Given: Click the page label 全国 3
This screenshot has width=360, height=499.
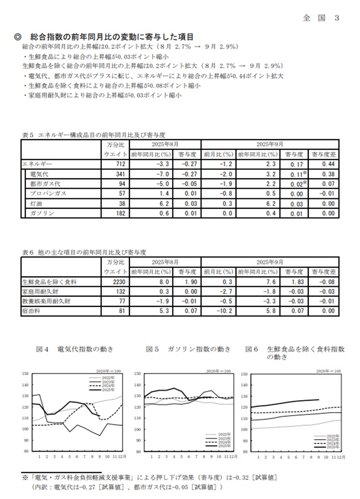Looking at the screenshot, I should pos(321,18).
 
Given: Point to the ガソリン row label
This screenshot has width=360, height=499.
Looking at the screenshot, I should pos(42,213).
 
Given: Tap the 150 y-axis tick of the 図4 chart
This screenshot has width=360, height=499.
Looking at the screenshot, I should pos(25,374).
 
